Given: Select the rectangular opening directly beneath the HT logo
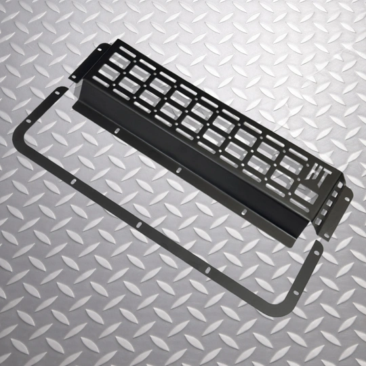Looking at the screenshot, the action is tap(306, 194).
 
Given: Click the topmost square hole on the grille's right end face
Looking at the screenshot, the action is tap(340, 185).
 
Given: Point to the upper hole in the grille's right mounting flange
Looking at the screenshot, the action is tap(347, 199).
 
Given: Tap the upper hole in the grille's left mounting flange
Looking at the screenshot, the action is tap(100, 49).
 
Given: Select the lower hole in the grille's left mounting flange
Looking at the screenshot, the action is tap(73, 77).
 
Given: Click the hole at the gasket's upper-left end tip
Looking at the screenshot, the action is tap(57, 93).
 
